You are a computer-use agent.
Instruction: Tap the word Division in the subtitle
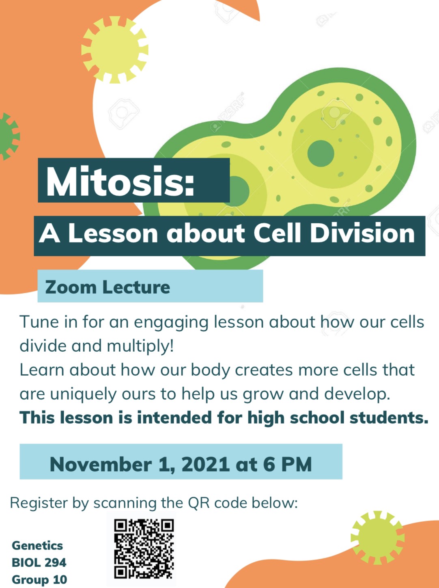[x=362, y=233]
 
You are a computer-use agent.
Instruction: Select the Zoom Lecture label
[x=108, y=287]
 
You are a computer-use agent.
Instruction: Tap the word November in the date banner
[x=101, y=464]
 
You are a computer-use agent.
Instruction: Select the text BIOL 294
[x=39, y=562]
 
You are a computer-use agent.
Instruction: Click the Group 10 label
[x=39, y=579]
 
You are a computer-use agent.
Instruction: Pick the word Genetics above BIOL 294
[x=37, y=545]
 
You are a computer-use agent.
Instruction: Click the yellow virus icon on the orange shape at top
[x=115, y=50]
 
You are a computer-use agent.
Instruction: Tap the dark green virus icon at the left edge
[x=9, y=136]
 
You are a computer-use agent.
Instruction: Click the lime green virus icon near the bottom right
[x=377, y=538]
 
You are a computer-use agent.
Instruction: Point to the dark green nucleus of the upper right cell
[x=321, y=153]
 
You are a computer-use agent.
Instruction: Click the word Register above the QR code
[x=39, y=503]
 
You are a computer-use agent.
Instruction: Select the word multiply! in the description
[x=140, y=346]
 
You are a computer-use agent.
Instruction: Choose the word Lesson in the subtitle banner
[x=113, y=233]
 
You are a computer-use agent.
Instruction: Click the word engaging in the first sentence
[x=171, y=322]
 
